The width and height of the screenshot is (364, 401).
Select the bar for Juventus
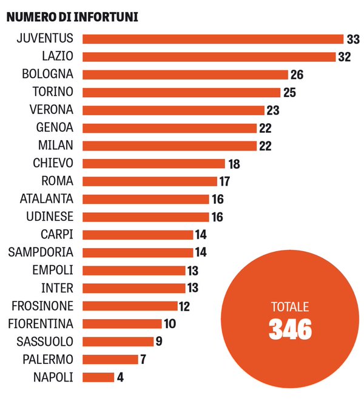pos(213,39)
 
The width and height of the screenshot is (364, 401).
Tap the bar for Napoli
pos(98,377)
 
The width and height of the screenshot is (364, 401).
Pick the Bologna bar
pos(185,75)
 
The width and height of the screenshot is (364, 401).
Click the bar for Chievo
pos(153,163)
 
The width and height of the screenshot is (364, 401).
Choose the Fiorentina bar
pos(122,324)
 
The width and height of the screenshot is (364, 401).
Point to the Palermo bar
pos(110,359)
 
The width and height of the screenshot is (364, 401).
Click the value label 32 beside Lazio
pos(345,57)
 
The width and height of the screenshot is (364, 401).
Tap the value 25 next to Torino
pos(290,93)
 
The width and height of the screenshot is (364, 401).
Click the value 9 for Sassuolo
pos(159,342)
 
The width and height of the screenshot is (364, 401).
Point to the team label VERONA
pos(52,110)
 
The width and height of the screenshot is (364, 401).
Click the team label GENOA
pos(55,127)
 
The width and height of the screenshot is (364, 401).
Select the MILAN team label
pos(56,145)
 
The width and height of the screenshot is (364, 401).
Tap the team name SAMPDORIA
pos(41,252)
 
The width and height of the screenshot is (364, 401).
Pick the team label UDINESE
pos(50,217)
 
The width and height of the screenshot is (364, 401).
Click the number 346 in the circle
pos(291,330)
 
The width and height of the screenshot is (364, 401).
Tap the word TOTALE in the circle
pos(291,306)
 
